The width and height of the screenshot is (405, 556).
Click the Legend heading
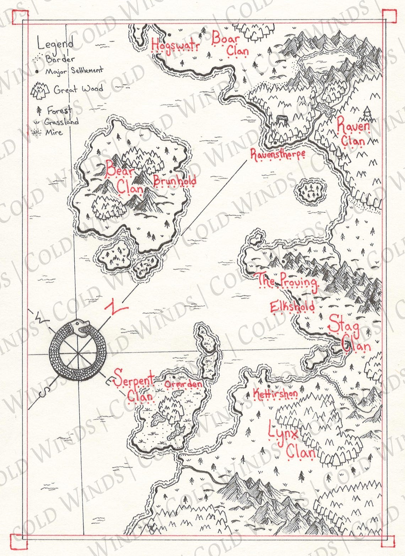point(55,44)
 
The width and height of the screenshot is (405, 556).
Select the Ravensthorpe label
point(277,155)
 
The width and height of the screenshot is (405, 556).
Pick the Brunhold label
point(174,180)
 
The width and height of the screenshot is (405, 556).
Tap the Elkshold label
point(292,306)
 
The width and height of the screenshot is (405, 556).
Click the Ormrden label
point(183,384)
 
